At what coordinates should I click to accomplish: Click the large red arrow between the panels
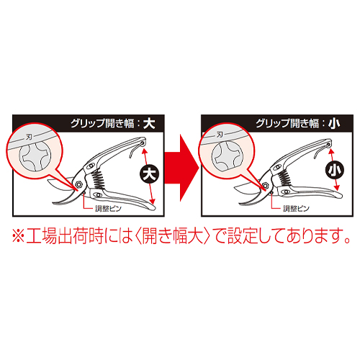tap(181, 168)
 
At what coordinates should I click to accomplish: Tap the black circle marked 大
tap(149, 174)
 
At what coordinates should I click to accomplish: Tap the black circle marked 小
tap(335, 170)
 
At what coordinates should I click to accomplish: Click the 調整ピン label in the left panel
tap(108, 208)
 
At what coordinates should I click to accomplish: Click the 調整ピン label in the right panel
tap(296, 208)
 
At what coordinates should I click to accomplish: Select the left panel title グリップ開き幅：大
tap(113, 123)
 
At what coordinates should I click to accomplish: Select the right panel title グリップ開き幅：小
tap(297, 123)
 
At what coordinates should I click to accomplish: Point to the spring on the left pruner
tap(98, 179)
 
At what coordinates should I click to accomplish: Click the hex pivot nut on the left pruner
tap(78, 185)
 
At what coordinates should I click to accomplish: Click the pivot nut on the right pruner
tap(265, 185)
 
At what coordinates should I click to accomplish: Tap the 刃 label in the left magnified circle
tap(29, 138)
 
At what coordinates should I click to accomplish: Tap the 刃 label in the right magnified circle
tap(220, 135)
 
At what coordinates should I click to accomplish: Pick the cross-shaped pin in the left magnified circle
tap(35, 156)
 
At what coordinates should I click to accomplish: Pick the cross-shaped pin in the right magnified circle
tap(228, 156)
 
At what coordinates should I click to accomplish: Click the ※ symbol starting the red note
tap(18, 237)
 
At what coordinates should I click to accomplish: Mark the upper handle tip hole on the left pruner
tap(143, 143)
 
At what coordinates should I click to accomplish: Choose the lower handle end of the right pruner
tap(339, 195)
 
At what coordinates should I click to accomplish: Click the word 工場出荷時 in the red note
tap(65, 236)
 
